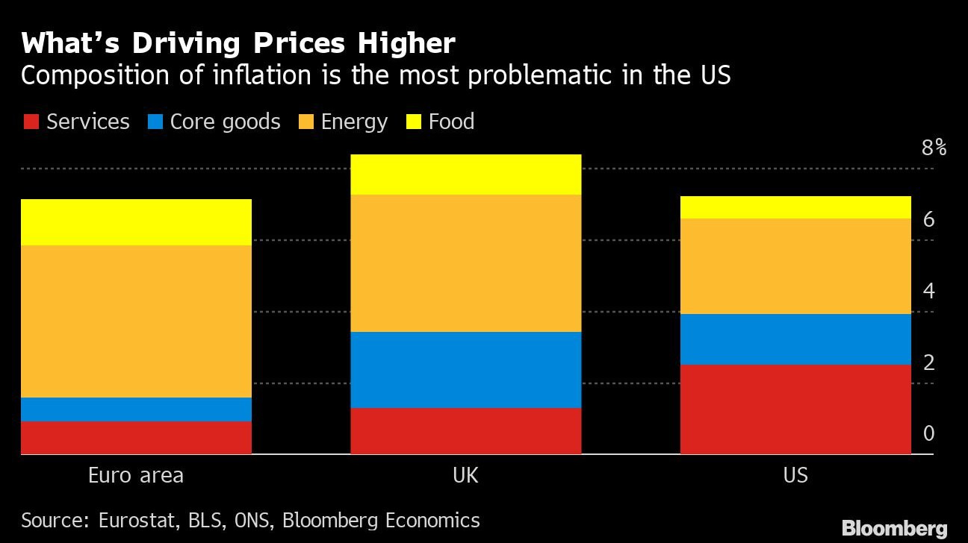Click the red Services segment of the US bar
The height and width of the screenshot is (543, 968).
pos(795,409)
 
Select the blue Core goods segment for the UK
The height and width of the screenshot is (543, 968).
pos(465,369)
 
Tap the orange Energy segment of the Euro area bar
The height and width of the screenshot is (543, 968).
pos(136,321)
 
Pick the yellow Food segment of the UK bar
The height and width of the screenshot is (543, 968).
pos(465,175)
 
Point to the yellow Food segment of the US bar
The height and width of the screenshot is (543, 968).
pos(795,207)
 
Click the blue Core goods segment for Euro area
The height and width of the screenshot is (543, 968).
pos(136,409)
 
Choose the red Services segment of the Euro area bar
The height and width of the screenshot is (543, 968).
pos(136,438)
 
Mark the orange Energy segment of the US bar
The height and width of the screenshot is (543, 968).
pos(795,266)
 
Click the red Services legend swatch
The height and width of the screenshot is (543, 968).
pos(31,122)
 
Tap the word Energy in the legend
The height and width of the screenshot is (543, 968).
pos(354,122)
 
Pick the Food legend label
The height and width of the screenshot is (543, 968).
pos(451,122)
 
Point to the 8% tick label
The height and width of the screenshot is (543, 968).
pos(934,148)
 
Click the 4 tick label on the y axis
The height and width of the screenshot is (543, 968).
pos(929,291)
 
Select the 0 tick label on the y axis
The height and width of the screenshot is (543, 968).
pos(929,433)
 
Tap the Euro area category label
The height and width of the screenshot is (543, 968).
pos(136,475)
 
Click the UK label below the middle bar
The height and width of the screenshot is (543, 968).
pos(465,475)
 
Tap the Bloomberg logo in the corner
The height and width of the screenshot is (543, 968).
pos(894,529)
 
